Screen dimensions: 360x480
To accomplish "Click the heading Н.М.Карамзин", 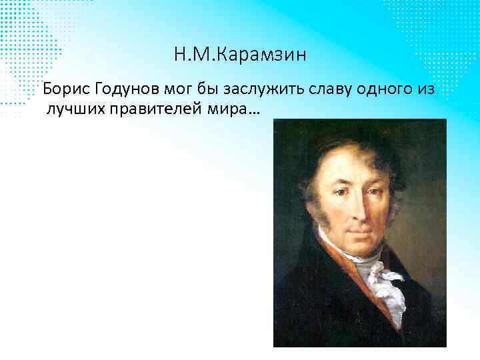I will [x=240, y=55].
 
